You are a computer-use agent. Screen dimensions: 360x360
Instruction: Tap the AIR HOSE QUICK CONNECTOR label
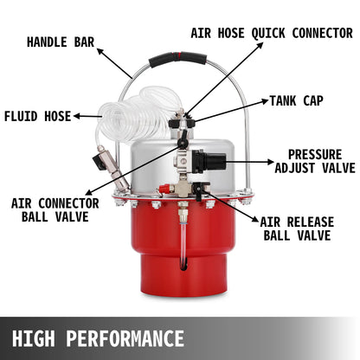click(x=272, y=34)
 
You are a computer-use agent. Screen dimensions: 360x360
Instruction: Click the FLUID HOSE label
click(x=37, y=115)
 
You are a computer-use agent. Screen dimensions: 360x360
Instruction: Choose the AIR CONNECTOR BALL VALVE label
click(x=55, y=209)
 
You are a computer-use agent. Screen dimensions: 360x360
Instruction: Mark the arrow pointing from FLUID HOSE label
click(x=87, y=115)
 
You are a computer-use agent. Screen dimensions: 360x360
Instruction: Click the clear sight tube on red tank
click(x=183, y=238)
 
